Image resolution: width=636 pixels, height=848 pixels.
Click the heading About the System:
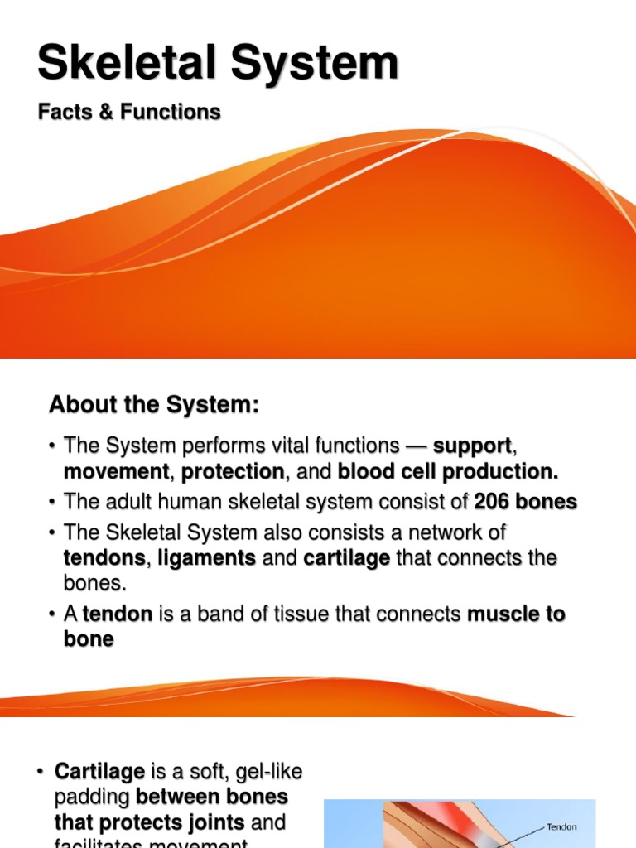pos(154,405)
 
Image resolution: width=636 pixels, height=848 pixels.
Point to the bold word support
pos(472,446)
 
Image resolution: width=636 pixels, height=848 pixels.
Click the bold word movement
pos(117,472)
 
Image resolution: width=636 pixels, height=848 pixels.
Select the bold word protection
pos(233,472)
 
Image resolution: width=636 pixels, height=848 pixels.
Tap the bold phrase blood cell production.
pos(448,472)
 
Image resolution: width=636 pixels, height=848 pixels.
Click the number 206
pos(493,502)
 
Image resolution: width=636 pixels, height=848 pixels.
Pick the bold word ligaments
pos(207,558)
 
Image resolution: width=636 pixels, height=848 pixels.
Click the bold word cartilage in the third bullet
pos(347,558)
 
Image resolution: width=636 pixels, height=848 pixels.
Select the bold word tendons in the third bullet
pos(104,558)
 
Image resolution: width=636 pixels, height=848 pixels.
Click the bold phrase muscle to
pos(517,614)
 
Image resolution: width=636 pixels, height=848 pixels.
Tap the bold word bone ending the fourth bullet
pos(89,639)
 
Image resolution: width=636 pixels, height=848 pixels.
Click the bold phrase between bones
pos(212,797)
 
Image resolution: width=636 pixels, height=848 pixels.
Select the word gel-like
pos(266,772)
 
